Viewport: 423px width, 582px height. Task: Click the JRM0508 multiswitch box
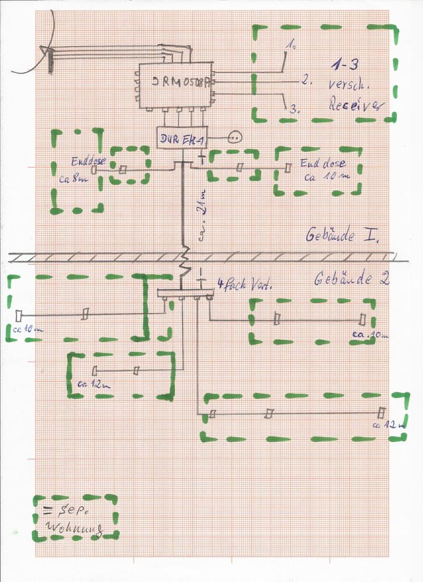coord(174,85)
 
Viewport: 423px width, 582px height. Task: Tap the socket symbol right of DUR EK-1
coord(234,137)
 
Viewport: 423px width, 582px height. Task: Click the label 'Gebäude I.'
coord(342,236)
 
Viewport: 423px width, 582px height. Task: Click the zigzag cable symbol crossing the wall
coord(185,260)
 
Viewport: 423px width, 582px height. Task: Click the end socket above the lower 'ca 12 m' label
coord(381,413)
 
